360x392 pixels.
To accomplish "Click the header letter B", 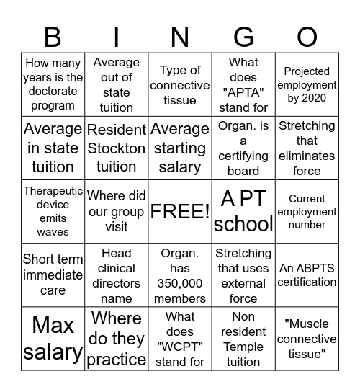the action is click(53, 36).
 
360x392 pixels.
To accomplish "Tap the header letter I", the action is click(117, 36).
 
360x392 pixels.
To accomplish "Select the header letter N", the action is click(180, 36).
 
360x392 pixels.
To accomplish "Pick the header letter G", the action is click(243, 36).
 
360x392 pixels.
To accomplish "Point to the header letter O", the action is click(307, 36).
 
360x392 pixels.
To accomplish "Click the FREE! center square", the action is click(180, 212).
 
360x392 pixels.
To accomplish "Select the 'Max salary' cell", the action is click(53, 339).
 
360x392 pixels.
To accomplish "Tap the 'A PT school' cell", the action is click(243, 212).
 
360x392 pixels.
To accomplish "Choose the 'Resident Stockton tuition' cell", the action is click(117, 148).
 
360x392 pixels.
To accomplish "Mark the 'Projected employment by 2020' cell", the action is click(307, 85).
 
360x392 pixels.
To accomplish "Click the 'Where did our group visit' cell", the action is click(117, 212).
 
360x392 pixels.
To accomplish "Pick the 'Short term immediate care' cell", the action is click(53, 275).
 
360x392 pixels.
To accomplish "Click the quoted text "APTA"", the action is click(243, 92).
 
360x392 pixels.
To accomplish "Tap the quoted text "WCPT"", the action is click(180, 347).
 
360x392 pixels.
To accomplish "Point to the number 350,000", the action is click(180, 283).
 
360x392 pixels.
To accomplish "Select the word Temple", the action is click(243, 347).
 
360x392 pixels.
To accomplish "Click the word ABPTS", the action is click(317, 268).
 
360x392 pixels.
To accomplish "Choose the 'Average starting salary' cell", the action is click(180, 148).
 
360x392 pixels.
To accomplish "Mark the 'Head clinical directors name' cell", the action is click(117, 275).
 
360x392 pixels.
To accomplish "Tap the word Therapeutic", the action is click(53, 191).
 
